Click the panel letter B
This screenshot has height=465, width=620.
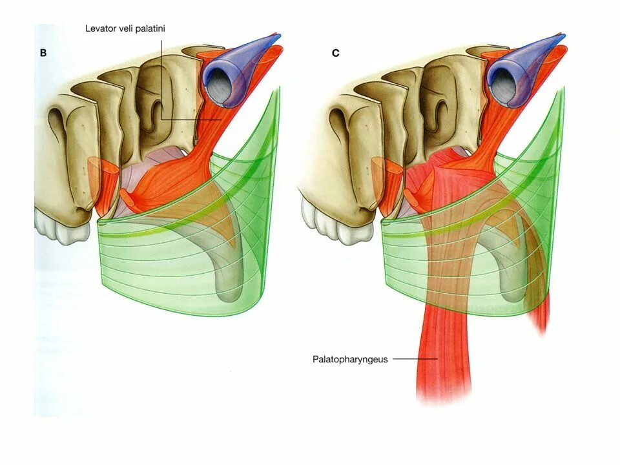coord(43,53)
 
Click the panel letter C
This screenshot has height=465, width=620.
coord(335,53)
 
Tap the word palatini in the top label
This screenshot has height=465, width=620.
coord(152,29)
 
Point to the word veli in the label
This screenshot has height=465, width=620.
coord(126,29)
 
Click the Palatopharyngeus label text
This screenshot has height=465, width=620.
coord(350,359)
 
